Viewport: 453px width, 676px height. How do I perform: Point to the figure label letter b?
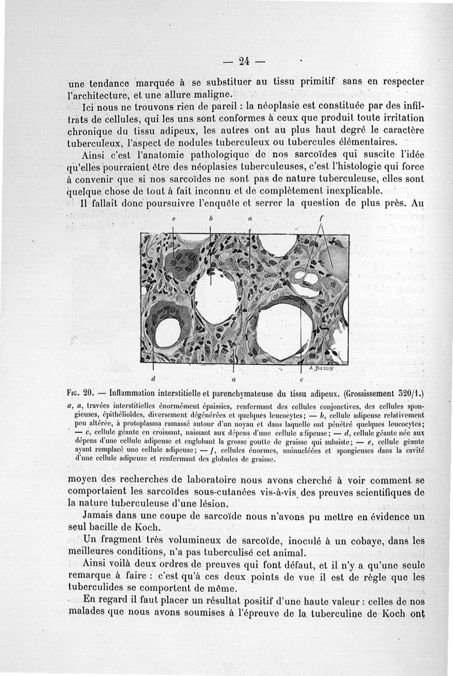(211, 217)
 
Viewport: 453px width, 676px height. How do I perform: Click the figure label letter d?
(153, 378)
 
